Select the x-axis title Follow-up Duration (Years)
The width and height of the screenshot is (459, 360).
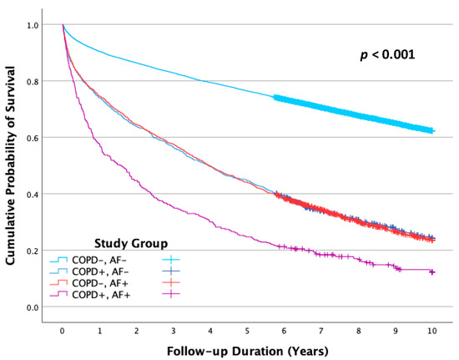247,349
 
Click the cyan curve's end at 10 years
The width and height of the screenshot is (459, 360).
431,131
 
